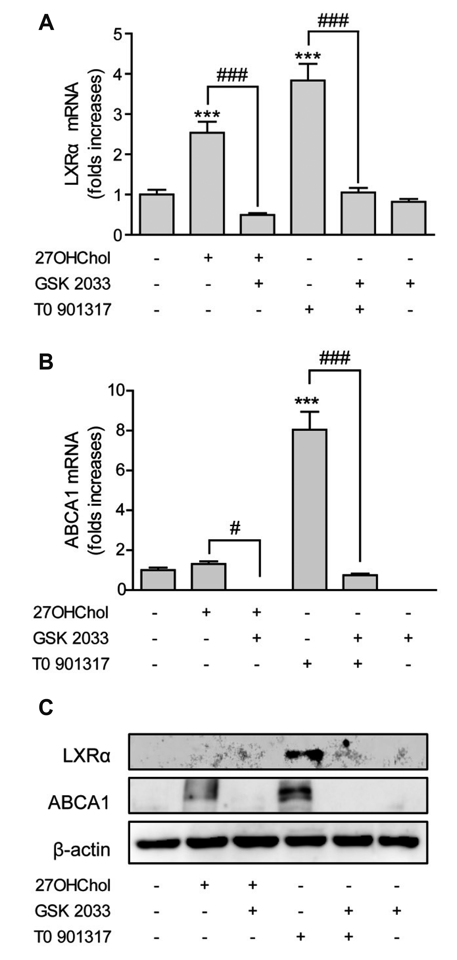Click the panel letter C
pos(46,707)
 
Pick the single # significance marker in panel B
pos(235,528)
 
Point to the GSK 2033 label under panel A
pos(73,284)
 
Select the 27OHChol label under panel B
pos(71,612)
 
